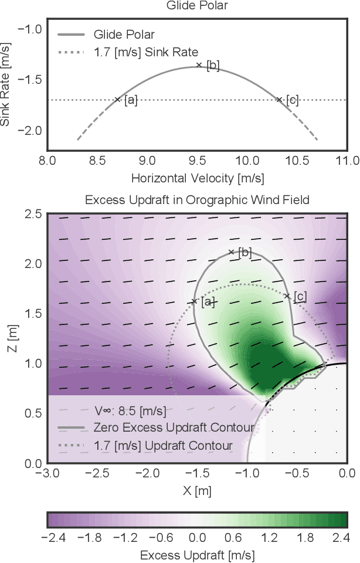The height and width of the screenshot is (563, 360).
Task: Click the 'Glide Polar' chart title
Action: pyautogui.click(x=197, y=6)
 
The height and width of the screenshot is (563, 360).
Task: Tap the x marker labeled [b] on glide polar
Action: pyautogui.click(x=199, y=65)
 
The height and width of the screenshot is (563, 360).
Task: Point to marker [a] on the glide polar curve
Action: pyautogui.click(x=117, y=100)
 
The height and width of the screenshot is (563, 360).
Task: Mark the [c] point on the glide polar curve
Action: pyautogui.click(x=279, y=100)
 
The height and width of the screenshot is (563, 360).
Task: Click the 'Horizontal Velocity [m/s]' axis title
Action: pyautogui.click(x=197, y=177)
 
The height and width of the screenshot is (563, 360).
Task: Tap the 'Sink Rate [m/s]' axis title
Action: pyautogui.click(x=6, y=87)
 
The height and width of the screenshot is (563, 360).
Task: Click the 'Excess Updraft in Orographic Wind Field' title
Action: pyautogui.click(x=197, y=200)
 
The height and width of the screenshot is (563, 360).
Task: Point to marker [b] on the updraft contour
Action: pyautogui.click(x=231, y=252)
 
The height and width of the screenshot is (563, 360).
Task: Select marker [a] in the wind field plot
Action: pyautogui.click(x=194, y=301)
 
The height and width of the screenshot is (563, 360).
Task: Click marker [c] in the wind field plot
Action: pyautogui.click(x=287, y=296)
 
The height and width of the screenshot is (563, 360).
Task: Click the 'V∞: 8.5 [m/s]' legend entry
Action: pyautogui.click(x=130, y=409)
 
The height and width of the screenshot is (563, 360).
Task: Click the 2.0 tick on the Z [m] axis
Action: pyautogui.click(x=33, y=264)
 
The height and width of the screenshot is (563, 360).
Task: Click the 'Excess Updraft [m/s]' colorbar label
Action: pyautogui.click(x=197, y=554)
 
